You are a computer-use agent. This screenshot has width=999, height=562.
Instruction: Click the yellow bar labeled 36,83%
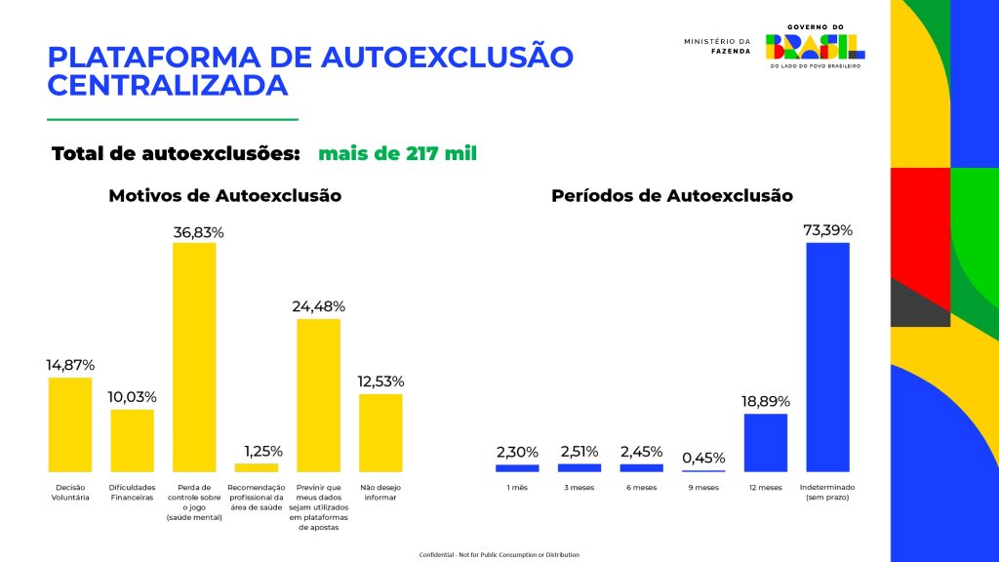pos(194,357)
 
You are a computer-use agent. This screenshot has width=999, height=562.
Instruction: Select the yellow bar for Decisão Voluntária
pos(70,424)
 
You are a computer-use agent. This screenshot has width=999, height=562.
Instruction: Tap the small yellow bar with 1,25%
pos(256,467)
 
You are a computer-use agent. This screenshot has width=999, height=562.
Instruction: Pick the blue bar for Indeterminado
pos(827,357)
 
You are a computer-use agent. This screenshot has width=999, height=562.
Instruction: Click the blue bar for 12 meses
pos(765,443)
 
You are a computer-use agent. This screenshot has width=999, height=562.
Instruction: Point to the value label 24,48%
pos(318,306)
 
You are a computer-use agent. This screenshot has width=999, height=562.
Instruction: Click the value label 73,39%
pos(827,230)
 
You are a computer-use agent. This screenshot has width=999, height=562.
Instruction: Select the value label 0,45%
pos(702,457)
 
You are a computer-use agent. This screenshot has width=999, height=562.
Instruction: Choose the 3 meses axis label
pos(579,487)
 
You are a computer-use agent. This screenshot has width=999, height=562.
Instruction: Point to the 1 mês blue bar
pos(517,467)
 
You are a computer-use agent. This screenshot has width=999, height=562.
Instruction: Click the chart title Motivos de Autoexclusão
pos(224,195)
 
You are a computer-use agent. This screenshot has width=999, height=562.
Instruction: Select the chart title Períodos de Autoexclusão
pos(672,195)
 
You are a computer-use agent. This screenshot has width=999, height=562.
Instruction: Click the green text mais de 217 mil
pos(397,153)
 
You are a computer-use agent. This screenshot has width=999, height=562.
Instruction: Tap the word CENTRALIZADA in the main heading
pos(168,85)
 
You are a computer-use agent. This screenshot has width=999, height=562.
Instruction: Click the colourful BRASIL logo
pos(816,45)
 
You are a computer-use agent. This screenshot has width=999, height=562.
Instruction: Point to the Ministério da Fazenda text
pos(718,46)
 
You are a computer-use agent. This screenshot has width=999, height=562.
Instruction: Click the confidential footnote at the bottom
pos(499,554)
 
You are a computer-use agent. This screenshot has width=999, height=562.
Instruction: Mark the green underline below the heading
pos(173,119)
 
